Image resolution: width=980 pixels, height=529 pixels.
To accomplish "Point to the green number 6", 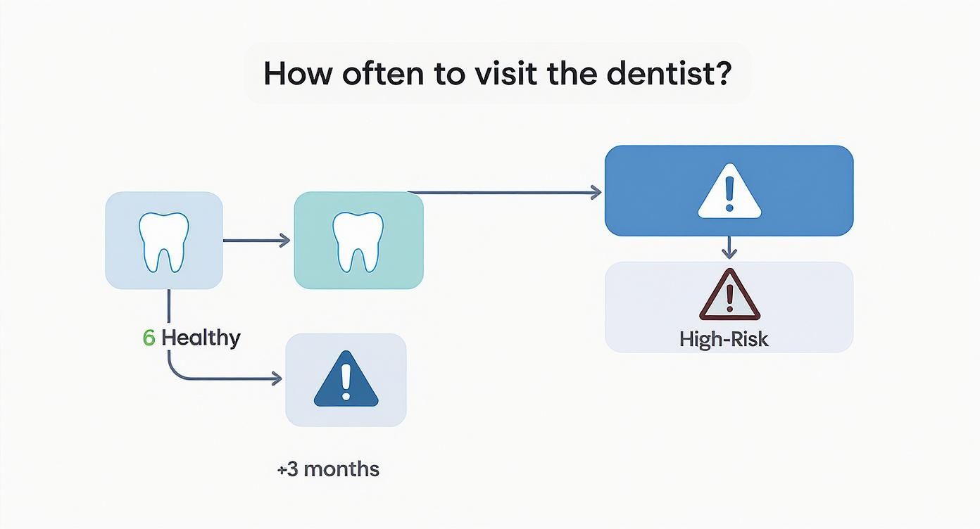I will (x=149, y=338).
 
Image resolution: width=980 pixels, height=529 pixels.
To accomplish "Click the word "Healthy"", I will (x=201, y=338).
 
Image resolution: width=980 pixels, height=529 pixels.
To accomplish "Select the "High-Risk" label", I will (x=724, y=340).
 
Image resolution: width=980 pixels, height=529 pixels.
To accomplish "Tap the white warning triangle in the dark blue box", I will (x=729, y=191).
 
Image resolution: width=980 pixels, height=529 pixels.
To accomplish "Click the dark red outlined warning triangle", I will (x=729, y=295).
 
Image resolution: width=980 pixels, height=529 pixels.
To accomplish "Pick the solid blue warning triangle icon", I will (x=346, y=380).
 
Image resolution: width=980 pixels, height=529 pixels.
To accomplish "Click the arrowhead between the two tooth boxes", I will (x=284, y=241).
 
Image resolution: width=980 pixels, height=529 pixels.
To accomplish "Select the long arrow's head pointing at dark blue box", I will (x=596, y=192).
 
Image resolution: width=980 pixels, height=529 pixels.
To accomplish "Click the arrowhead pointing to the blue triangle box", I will (x=276, y=379).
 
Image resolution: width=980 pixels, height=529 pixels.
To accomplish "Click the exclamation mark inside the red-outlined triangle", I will (x=729, y=298).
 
